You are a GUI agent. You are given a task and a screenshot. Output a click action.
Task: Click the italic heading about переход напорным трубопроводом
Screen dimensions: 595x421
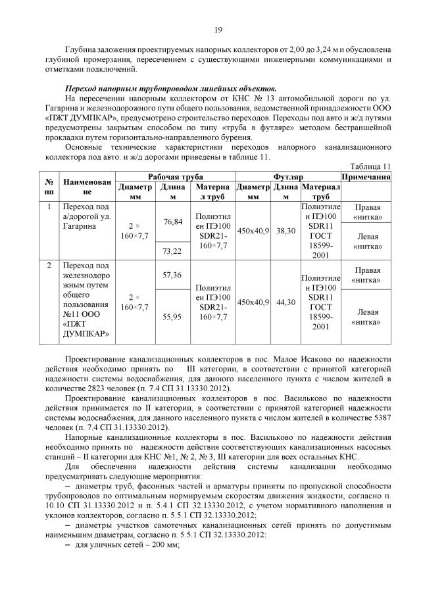(x=171, y=88)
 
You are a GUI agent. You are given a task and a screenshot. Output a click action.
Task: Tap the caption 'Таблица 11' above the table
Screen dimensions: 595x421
(x=372, y=167)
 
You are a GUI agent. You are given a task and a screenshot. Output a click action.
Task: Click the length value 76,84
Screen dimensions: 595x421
(x=172, y=222)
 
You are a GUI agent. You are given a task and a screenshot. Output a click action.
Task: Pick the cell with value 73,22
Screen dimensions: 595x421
(x=172, y=251)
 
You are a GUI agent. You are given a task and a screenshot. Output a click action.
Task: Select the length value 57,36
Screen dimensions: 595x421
(x=172, y=274)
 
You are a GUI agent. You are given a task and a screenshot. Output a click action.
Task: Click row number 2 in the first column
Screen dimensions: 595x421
(x=49, y=266)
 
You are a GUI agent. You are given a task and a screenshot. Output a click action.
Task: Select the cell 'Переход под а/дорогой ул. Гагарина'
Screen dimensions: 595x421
(x=87, y=216)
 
